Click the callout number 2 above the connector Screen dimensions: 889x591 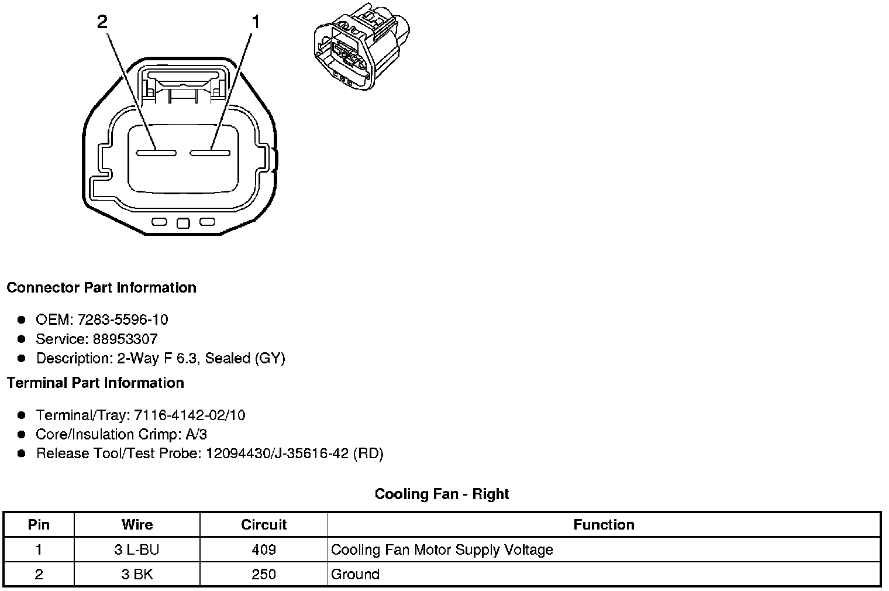(102, 22)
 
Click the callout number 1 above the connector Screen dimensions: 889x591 (255, 22)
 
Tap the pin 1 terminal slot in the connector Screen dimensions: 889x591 (209, 153)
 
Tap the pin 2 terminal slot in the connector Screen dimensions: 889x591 (156, 153)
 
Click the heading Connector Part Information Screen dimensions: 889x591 (101, 288)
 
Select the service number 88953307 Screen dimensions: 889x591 (125, 339)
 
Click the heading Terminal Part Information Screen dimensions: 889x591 (95, 383)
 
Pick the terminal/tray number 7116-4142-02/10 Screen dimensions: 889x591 (189, 415)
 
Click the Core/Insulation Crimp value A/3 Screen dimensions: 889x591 (195, 434)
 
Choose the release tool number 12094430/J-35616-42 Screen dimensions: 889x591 (277, 453)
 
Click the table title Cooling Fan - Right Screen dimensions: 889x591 (442, 494)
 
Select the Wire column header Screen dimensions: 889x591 (137, 525)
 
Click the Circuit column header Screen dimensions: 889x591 (264, 525)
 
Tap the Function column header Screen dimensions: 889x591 (604, 525)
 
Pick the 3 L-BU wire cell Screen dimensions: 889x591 (137, 550)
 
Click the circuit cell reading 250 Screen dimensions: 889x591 (264, 575)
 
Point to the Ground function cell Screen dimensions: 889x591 (355, 575)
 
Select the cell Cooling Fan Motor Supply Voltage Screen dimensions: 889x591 (442, 550)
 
